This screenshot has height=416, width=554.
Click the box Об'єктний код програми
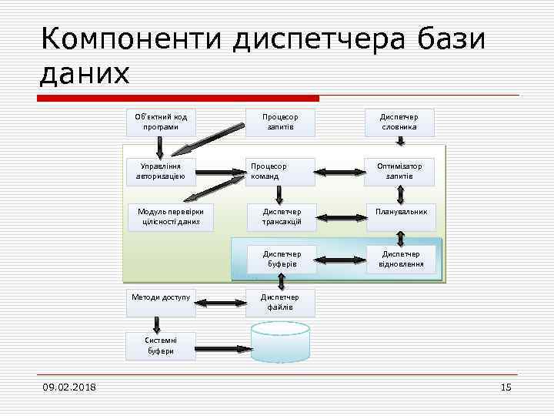(x=161, y=122)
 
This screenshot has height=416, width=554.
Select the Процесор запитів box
(x=280, y=122)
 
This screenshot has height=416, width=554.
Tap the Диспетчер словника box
(x=400, y=122)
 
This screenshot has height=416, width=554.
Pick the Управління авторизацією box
(x=161, y=172)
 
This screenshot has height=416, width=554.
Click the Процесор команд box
(x=280, y=172)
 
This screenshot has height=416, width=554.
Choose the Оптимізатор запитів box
(x=400, y=172)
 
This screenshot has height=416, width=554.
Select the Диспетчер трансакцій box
(x=280, y=217)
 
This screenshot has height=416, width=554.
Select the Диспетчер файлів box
(x=280, y=303)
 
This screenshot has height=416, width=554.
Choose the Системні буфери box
(x=161, y=346)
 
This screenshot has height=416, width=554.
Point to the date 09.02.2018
(x=69, y=387)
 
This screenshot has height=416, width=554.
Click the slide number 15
(x=506, y=387)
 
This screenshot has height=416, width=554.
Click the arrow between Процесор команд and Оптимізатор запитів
(x=340, y=172)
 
